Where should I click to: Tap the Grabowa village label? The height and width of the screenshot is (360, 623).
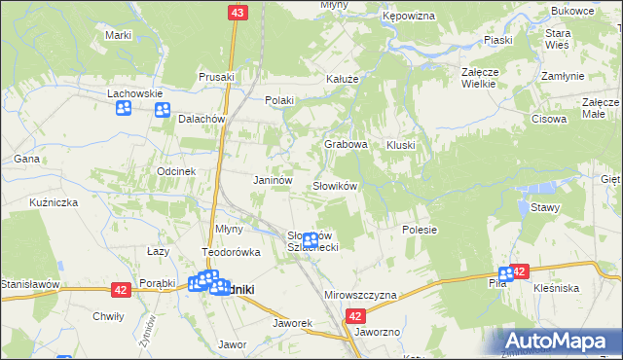point(346,144)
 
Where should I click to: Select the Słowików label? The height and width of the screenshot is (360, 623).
point(336,185)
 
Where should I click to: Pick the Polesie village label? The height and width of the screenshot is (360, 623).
point(420,230)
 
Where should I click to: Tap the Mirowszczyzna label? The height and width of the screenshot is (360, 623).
point(359,294)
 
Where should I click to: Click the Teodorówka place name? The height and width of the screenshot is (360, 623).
point(232,252)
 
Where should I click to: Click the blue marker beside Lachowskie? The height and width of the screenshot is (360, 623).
point(124,108)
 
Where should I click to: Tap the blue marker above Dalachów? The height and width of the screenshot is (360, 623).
point(162,109)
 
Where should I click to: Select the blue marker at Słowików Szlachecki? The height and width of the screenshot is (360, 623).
point(311,239)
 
